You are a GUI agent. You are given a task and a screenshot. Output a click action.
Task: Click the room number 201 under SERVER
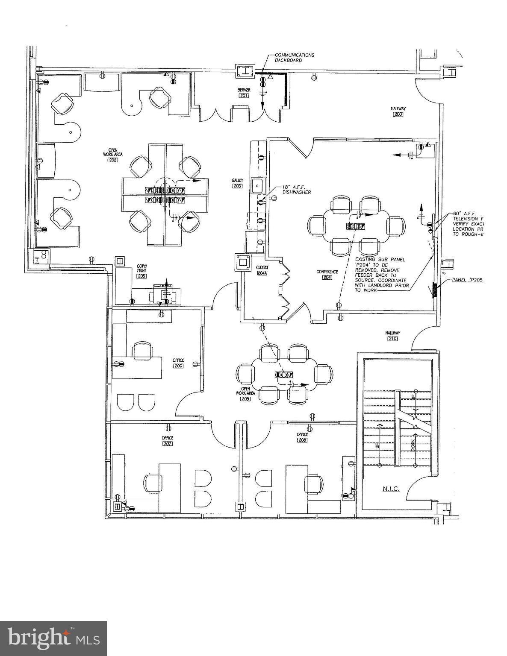[244, 96]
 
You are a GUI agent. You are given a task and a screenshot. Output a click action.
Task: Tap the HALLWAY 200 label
[398, 111]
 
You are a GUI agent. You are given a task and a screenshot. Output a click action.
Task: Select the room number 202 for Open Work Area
[113, 159]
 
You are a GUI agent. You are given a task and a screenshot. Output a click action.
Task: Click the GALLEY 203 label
[237, 183]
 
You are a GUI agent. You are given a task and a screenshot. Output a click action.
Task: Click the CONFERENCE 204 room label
[327, 274]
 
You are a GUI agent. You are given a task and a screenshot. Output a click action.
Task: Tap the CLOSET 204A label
[262, 270]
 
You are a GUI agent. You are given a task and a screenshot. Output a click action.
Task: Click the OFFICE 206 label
[178, 363]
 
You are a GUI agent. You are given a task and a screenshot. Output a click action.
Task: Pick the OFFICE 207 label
[167, 440]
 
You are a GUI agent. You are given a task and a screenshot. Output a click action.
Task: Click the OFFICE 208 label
[302, 437]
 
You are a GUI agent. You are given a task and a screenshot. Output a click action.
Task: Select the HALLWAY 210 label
[392, 336]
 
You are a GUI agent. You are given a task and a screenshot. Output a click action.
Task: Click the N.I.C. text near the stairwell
[391, 489]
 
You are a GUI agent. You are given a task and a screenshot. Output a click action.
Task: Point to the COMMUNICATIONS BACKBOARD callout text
[294, 58]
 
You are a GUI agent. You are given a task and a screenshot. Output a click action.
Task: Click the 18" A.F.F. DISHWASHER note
[296, 190]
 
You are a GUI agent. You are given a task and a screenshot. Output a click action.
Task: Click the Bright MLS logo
[53, 638]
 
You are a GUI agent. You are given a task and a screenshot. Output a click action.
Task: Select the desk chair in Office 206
[142, 351]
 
